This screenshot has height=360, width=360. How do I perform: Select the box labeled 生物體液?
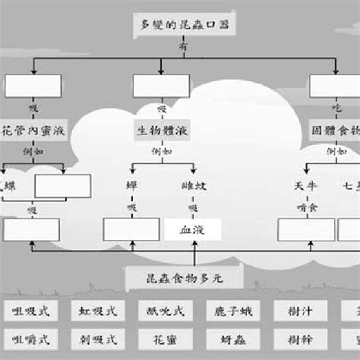[x=162, y=131]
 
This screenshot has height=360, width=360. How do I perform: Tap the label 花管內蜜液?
[x=35, y=131]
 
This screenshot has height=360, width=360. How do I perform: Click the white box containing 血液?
[x=192, y=229]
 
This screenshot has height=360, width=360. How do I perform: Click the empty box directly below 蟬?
[x=131, y=229]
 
